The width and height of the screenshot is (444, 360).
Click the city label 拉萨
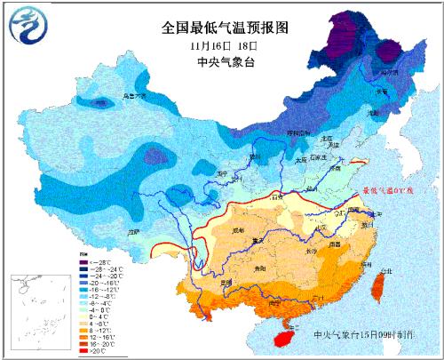point(135,232)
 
